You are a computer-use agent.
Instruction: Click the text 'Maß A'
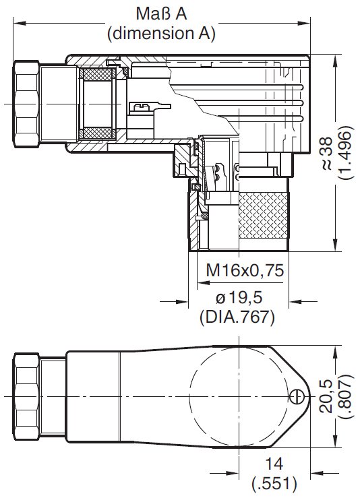click(x=161, y=15)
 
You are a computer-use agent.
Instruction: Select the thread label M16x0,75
click(x=244, y=270)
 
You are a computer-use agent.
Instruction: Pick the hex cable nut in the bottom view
click(x=26, y=395)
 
